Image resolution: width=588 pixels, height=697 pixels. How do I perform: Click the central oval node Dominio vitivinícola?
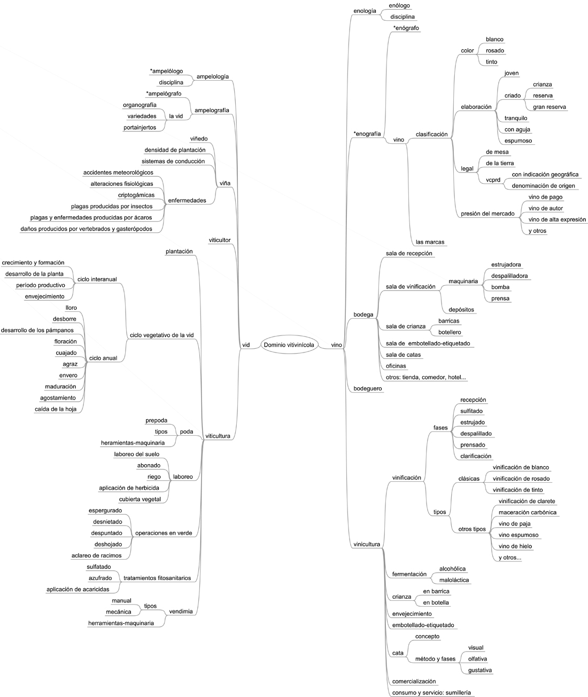click(289, 344)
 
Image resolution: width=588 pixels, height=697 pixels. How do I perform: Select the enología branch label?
click(365, 11)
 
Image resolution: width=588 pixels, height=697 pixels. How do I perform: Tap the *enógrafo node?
click(406, 28)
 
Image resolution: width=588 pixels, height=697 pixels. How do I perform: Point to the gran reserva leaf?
click(550, 107)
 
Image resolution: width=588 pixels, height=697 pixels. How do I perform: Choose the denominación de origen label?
click(544, 186)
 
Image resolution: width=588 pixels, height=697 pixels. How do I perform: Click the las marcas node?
click(430, 242)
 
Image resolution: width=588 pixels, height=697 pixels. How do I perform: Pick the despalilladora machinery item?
click(509, 276)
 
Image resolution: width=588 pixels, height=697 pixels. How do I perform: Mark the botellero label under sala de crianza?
click(450, 332)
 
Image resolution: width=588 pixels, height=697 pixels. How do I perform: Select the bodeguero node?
click(368, 389)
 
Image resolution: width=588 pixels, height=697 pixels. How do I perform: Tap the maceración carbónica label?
click(528, 512)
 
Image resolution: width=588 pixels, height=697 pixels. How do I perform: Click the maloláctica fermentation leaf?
click(454, 580)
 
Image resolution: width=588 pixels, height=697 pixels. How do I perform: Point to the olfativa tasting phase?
click(477, 659)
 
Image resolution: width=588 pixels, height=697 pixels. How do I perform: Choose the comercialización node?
click(414, 682)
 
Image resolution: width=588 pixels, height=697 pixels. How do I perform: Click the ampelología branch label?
click(213, 77)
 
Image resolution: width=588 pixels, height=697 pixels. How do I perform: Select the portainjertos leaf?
click(140, 128)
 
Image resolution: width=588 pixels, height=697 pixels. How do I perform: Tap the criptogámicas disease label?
click(136, 195)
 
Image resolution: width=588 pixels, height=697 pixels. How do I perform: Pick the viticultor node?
click(220, 240)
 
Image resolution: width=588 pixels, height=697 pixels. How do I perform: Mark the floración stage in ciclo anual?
click(65, 341)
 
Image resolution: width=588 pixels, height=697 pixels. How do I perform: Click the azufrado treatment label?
click(100, 578)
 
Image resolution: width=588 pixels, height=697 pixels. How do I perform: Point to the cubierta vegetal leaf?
click(140, 499)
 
